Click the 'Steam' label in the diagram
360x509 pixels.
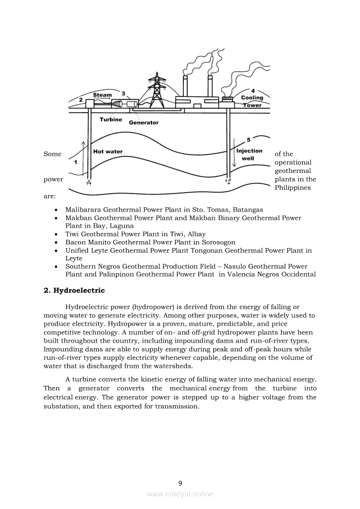coord(102,95)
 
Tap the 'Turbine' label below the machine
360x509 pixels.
coord(111,120)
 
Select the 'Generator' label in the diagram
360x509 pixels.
coord(144,123)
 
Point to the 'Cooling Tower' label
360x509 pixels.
coord(252,101)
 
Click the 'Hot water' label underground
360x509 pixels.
coord(108,152)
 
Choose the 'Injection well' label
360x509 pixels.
coord(249,155)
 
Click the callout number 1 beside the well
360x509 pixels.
coord(76,162)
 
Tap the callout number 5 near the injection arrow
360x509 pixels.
coord(248,140)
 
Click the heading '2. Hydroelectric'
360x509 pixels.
coord(74,290)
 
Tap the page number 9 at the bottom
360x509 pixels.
coord(180,483)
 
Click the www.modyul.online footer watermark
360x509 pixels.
coord(180,494)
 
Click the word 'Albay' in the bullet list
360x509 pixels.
coord(197,234)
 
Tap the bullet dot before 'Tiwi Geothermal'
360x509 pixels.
coord(56,234)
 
